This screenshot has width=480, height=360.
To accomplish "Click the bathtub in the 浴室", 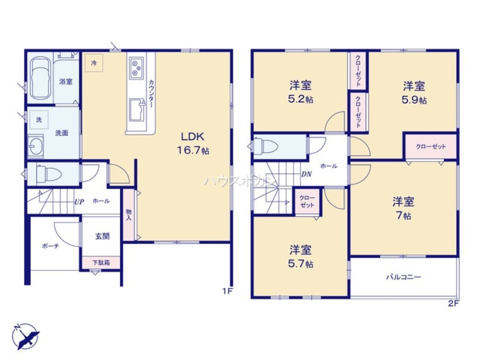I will pos(39,79).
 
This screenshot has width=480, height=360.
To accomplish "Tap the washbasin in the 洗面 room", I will pos(36,145).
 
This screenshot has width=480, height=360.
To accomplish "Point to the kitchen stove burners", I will pos(136,67).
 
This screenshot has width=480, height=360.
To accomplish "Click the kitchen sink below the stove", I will pos(137,108).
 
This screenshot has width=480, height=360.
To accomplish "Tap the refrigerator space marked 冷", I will pos(94,63).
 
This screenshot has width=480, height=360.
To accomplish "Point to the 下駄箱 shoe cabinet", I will pos(101,263).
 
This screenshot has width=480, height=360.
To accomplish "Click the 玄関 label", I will pos(102,236).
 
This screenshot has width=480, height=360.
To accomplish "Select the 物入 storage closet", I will pos(129,215).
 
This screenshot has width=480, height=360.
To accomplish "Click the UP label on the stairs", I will pos(79,202).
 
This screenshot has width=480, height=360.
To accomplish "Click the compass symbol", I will pos(26,336).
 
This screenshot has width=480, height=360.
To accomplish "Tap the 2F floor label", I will pos(454,304).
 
